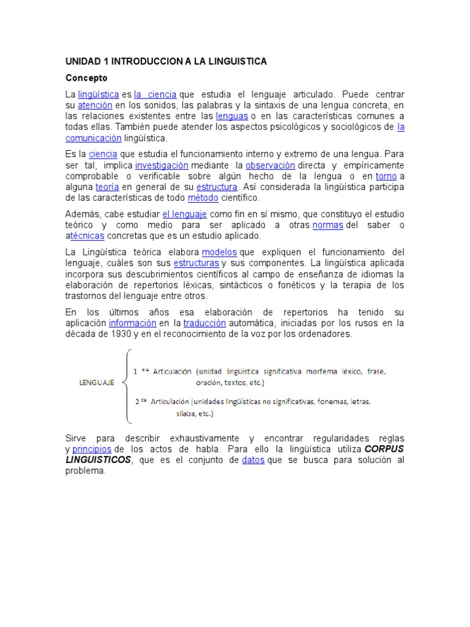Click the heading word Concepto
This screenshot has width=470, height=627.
pyautogui.click(x=86, y=78)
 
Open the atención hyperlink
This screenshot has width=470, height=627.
pyautogui.click(x=95, y=105)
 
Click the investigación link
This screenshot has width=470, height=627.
pyautogui.click(x=162, y=165)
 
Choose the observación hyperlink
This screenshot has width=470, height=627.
pyautogui.click(x=270, y=165)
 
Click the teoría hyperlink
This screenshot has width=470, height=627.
pyautogui.click(x=107, y=187)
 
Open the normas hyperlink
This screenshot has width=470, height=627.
pyautogui.click(x=328, y=225)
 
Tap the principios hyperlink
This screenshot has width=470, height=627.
pyautogui.click(x=92, y=449)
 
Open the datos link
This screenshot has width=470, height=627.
pyautogui.click(x=253, y=460)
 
